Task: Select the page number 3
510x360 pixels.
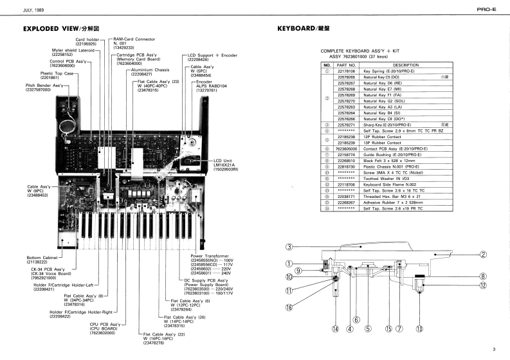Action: [x=494, y=349]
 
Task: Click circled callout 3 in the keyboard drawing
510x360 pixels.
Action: [x=289, y=247]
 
